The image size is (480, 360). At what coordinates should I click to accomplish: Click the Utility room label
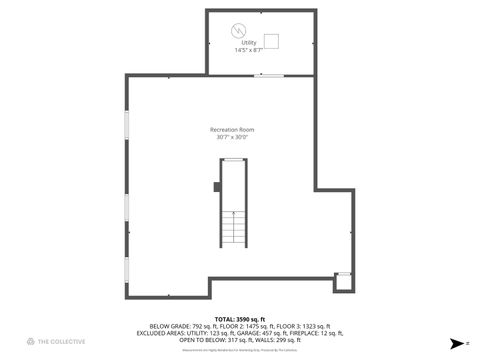[248, 43]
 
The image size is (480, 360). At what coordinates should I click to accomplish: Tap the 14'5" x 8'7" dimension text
[248, 50]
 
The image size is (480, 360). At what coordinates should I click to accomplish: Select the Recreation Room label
[231, 130]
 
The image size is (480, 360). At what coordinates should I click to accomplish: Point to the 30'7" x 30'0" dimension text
[231, 138]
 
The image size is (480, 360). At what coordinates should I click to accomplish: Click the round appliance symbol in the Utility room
[239, 29]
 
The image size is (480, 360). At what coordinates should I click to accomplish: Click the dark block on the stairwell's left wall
[217, 185]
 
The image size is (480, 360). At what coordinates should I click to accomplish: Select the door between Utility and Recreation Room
[268, 76]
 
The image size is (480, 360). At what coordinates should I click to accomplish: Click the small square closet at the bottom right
[343, 281]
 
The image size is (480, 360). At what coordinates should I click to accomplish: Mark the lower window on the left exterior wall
[126, 213]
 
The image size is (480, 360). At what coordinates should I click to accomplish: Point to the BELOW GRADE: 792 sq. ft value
[180, 326]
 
